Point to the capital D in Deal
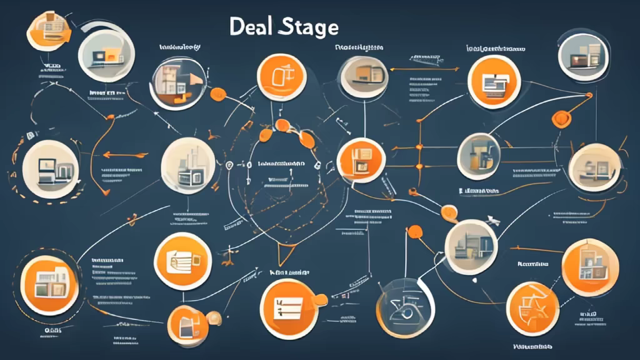pyautogui.click(x=235, y=27)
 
